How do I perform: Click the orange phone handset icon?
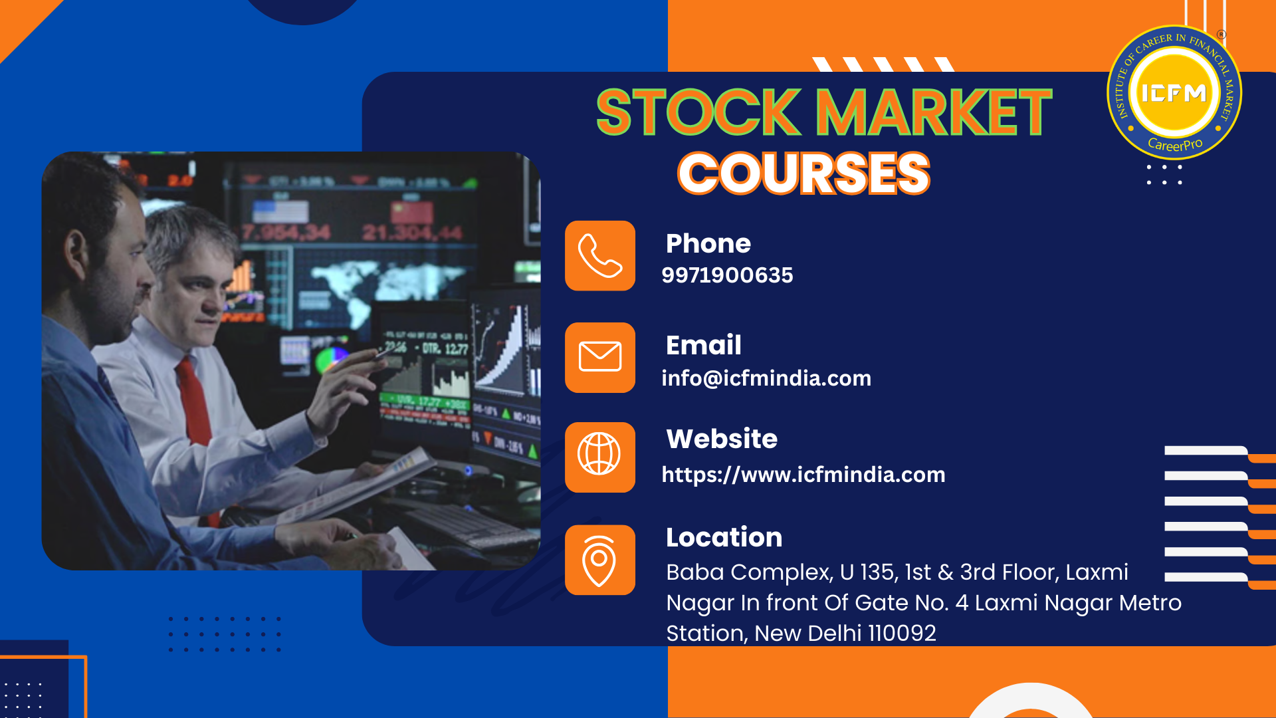click(600, 256)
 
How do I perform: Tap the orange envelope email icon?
click(600, 358)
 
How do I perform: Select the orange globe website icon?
click(600, 457)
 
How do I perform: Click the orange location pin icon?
click(600, 560)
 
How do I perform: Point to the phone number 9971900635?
click(727, 275)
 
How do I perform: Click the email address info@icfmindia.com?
click(766, 378)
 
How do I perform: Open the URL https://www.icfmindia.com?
click(803, 475)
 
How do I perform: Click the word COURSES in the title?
click(803, 173)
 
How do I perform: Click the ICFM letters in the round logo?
click(1174, 93)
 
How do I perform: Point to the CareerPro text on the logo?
click(1175, 144)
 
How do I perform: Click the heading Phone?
click(708, 243)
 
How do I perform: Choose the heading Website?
click(722, 439)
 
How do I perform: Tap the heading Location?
click(724, 537)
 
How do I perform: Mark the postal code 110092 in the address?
click(902, 633)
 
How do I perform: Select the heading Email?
click(704, 345)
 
